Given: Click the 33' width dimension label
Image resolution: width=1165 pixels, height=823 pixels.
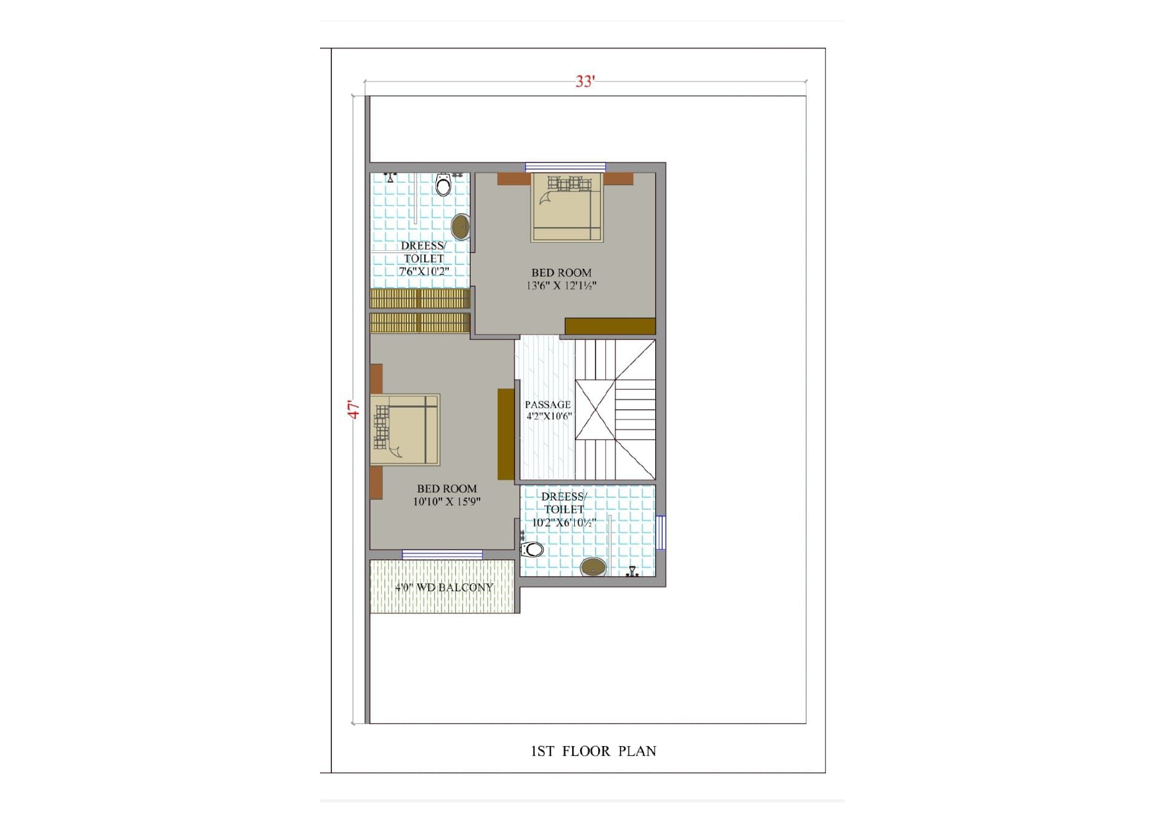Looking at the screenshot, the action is (585, 81).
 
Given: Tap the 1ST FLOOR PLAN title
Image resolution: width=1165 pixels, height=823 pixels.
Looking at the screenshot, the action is (593, 751).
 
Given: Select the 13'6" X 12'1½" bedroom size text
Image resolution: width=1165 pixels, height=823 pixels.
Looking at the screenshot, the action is (562, 286).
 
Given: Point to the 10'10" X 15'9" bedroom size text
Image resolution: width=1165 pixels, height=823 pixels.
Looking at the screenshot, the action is (447, 502).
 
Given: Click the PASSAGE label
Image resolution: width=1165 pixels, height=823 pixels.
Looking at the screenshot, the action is (548, 404).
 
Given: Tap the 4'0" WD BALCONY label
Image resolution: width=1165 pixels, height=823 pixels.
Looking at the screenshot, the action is (444, 587).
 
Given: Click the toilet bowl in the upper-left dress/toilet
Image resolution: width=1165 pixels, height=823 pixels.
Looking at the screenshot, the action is (443, 185).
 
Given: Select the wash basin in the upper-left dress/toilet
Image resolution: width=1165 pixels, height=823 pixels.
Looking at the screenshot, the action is (461, 227).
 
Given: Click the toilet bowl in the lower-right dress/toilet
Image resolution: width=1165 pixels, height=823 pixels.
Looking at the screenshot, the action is (532, 550).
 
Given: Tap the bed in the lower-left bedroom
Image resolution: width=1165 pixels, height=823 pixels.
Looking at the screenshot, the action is (405, 429).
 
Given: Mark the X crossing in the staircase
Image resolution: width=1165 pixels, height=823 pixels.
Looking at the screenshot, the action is (595, 410).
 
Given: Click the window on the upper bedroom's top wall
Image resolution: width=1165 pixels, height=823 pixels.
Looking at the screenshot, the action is (566, 167).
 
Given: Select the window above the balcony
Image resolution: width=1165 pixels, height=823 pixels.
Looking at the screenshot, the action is (442, 555).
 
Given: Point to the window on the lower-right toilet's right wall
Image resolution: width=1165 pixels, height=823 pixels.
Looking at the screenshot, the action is (660, 532).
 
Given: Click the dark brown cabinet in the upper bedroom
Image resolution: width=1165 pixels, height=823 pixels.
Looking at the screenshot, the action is (610, 326).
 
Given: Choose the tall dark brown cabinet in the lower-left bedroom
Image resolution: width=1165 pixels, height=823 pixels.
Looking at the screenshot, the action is (506, 434).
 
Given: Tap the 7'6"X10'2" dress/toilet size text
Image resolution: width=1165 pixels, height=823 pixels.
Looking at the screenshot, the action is (424, 271).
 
